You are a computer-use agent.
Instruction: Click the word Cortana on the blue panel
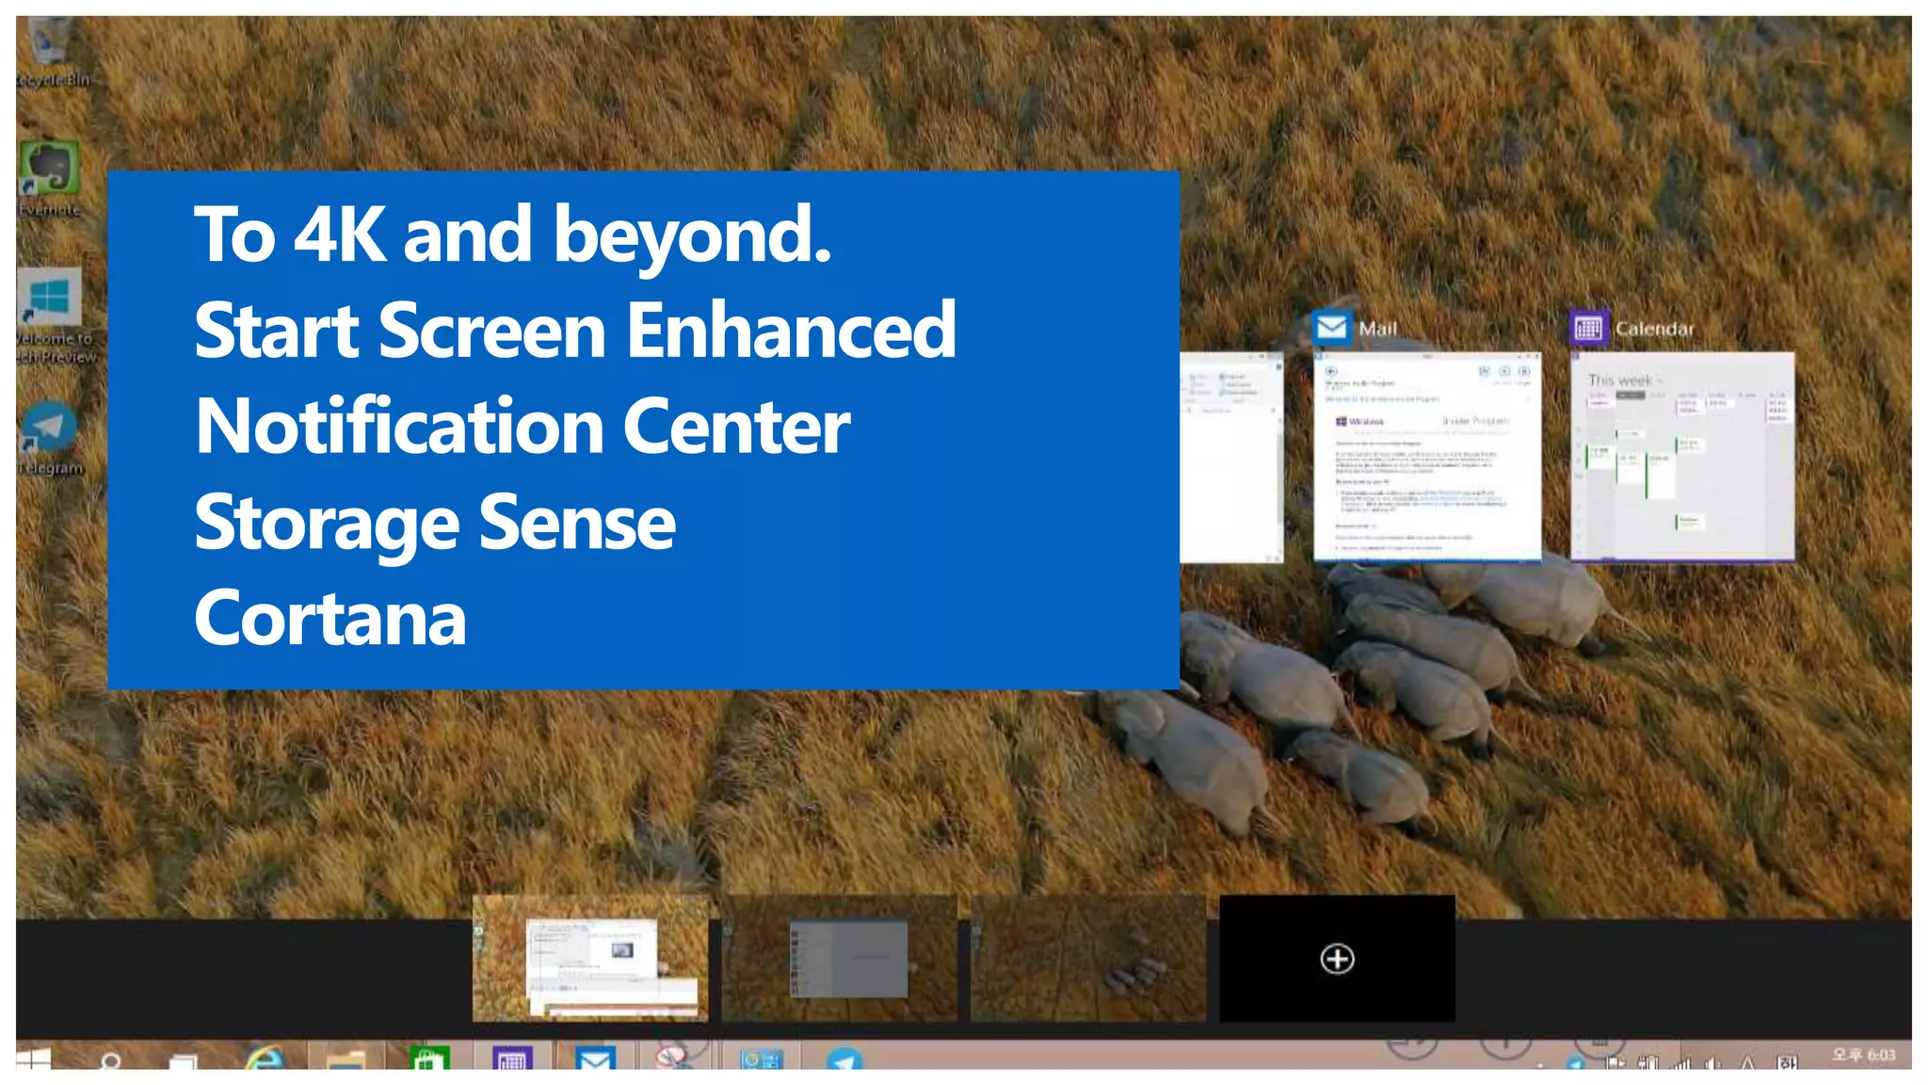pos(329,619)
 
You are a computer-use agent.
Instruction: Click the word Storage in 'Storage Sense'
pos(326,524)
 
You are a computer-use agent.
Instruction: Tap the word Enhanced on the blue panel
pos(791,331)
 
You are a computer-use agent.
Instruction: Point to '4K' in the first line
pos(339,235)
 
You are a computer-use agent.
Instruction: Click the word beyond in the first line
pos(692,235)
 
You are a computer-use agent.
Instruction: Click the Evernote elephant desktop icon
pos(49,170)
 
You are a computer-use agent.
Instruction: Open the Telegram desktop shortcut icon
pos(49,429)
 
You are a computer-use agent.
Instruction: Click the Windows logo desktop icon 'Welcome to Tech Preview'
pos(50,299)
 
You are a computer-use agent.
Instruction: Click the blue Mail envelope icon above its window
pos(1332,328)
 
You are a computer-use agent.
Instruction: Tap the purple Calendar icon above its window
pos(1588,328)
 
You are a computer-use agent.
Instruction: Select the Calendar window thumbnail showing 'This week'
pos(1682,457)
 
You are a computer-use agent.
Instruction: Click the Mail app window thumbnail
pos(1427,457)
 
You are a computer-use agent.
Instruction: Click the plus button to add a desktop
pos(1337,959)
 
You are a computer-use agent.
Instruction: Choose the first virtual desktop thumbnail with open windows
pos(590,959)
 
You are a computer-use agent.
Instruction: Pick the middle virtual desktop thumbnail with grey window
pos(839,959)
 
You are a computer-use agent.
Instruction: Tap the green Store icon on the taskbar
pos(429,1060)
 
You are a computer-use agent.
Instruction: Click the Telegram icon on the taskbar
pos(844,1061)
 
